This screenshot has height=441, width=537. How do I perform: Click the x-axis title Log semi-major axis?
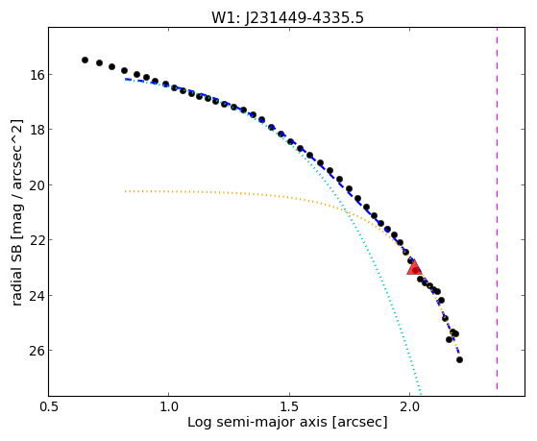click(256, 422)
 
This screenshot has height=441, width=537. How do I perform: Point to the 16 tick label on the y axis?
click(36, 74)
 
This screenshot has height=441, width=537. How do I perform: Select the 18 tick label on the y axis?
click(36, 130)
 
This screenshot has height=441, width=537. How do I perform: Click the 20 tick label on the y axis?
click(36, 185)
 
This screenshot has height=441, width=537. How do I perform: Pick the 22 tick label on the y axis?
click(36, 240)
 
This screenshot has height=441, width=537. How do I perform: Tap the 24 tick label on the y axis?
click(36, 295)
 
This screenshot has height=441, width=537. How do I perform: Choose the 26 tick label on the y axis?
click(36, 350)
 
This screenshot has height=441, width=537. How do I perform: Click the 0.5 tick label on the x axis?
click(49, 406)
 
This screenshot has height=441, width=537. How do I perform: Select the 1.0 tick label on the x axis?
click(169, 406)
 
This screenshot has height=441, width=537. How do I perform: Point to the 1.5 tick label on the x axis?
click(289, 406)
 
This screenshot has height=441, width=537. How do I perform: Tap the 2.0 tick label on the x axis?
click(409, 406)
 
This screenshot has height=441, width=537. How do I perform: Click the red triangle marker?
click(414, 268)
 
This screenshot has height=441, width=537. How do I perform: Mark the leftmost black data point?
click(85, 60)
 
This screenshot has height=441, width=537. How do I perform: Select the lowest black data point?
click(459, 359)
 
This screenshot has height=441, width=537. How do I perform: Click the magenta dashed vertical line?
click(497, 208)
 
